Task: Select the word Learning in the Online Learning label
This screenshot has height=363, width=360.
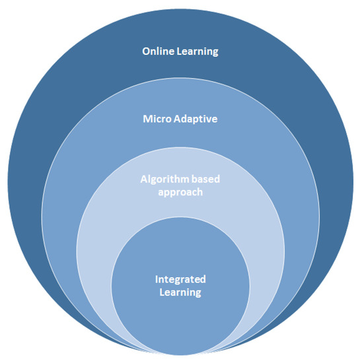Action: point(196,51)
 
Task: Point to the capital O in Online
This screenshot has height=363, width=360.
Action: point(146,51)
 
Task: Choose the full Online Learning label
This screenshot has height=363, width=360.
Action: point(179,51)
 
